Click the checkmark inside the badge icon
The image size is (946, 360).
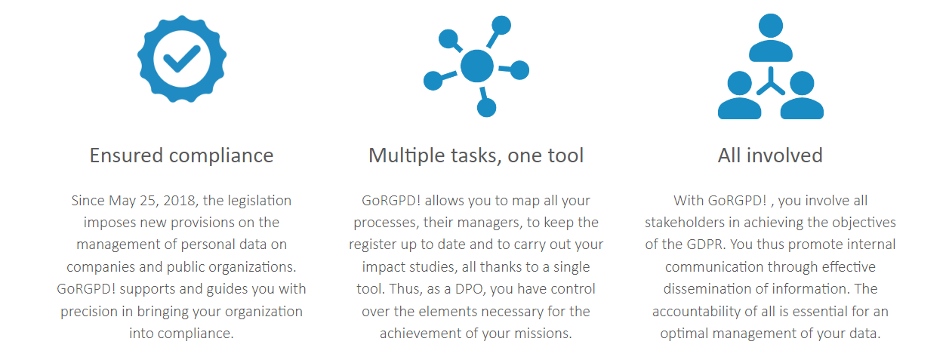click(182, 59)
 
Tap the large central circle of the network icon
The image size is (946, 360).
click(477, 66)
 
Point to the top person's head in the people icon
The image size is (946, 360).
click(771, 26)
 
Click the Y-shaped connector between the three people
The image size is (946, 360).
click(771, 82)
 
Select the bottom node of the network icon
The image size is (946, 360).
click(486, 108)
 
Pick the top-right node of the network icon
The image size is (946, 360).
click(502, 26)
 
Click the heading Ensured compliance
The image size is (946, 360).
click(182, 155)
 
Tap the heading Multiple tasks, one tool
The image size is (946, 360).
click(476, 155)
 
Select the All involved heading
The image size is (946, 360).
click(770, 155)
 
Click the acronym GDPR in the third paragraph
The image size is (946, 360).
click(705, 245)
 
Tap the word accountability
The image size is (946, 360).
click(696, 312)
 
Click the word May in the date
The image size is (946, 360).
click(122, 202)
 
